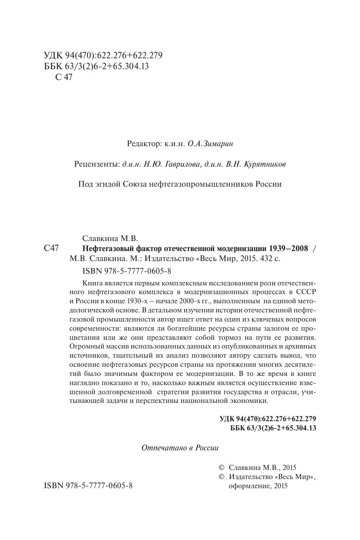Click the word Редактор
click(x=143, y=143)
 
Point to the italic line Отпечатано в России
click(x=180, y=448)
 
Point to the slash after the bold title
click(x=315, y=249)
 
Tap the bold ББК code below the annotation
click(x=273, y=428)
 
